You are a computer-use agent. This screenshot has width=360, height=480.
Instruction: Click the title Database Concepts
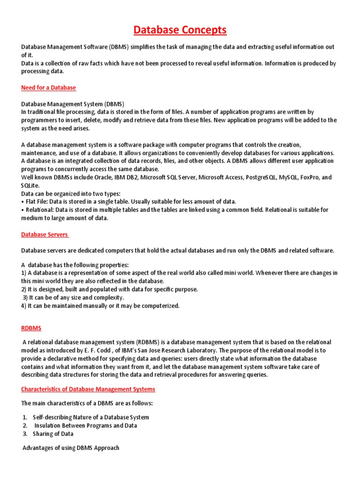180,30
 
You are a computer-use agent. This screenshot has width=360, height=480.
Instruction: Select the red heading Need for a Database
48,88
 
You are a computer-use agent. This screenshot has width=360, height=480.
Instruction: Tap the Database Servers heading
45,234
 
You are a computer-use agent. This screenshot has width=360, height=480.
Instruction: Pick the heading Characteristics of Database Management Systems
88,389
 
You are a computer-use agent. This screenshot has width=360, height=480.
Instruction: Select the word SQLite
30,185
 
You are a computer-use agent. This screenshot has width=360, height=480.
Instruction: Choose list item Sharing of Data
53,434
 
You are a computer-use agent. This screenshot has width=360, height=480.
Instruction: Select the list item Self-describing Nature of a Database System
91,417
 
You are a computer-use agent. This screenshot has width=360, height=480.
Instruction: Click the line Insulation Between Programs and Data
86,426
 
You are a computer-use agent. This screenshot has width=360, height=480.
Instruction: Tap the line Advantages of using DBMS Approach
71,448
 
